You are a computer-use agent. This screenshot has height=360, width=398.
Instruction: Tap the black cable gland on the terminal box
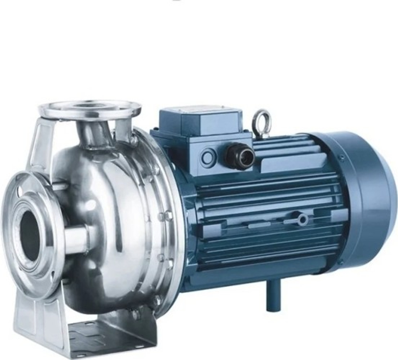pos(240,155)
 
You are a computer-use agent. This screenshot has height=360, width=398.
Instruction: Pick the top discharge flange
pos(90,109)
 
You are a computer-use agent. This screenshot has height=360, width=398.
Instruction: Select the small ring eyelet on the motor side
pos(302,219)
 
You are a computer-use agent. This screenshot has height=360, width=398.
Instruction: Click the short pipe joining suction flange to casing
pos(76,239)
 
